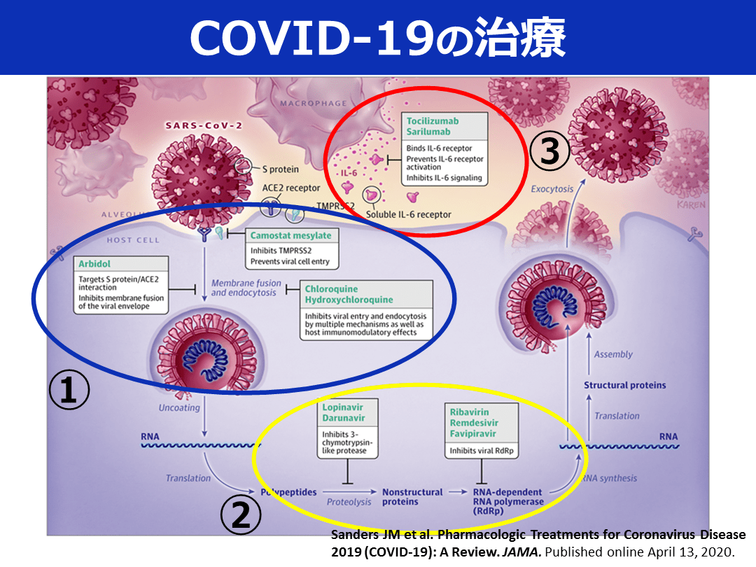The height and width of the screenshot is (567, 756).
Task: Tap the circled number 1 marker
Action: (x=69, y=391)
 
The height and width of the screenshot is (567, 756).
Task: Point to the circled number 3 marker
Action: (x=549, y=151)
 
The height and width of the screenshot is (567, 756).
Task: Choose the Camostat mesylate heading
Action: (x=290, y=235)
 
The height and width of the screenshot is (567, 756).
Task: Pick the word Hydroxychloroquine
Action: (x=349, y=300)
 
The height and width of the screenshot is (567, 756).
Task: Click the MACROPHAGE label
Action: (x=314, y=104)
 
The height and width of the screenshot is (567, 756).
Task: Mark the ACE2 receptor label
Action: (x=291, y=188)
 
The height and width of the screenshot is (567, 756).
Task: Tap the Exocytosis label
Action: (x=552, y=189)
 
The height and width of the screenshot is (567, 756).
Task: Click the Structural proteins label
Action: (x=625, y=385)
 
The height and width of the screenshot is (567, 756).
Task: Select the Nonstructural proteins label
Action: (x=412, y=497)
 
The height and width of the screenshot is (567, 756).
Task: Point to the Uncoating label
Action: (x=179, y=407)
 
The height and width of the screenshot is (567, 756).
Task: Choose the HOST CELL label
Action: (x=133, y=240)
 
